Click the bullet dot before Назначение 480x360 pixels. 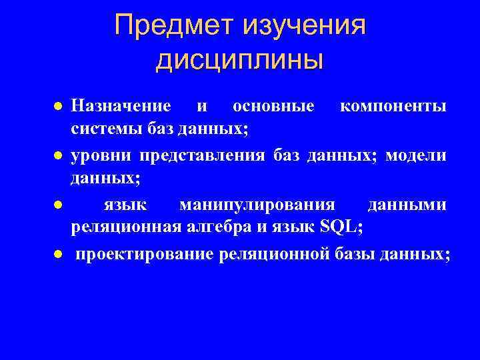pos(59,107)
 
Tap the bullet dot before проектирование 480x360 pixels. pos(59,255)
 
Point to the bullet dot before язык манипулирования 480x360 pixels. pos(59,206)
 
